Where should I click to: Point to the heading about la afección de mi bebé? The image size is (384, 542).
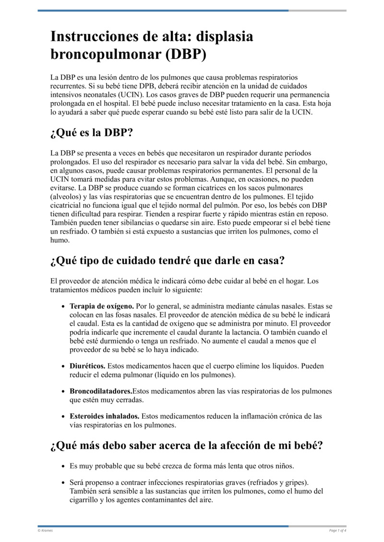(186, 445)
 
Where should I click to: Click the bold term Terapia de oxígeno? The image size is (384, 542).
(102, 306)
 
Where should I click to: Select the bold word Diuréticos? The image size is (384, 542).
(87, 366)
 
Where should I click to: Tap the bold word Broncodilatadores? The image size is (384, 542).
(101, 391)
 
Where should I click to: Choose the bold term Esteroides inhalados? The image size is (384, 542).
(105, 416)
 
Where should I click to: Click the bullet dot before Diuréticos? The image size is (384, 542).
(64, 366)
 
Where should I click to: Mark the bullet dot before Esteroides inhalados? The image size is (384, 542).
(64, 416)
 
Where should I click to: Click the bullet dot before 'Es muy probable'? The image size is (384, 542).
(64, 466)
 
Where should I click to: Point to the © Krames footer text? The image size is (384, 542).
(45, 530)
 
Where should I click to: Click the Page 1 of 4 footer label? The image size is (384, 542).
(337, 530)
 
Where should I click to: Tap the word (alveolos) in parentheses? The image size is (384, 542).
(67, 197)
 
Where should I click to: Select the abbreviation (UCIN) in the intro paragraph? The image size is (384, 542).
(140, 94)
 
